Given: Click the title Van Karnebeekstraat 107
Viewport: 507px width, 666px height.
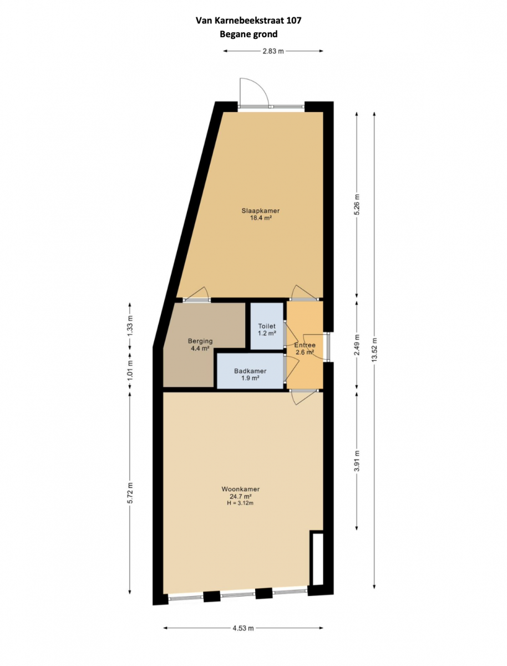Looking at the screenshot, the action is (x=249, y=21).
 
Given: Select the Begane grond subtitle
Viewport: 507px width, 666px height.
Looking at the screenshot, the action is (x=249, y=34).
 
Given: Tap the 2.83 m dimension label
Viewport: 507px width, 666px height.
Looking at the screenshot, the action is (x=273, y=51).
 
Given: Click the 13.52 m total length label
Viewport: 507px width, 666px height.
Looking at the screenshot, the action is (x=374, y=349).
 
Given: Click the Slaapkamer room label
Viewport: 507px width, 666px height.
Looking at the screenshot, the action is (x=261, y=210).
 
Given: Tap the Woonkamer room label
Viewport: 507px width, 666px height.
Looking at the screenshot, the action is (x=240, y=489).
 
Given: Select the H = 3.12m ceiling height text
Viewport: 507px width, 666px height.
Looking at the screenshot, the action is (x=240, y=503).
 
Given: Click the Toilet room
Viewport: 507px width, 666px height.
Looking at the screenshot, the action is (x=267, y=326).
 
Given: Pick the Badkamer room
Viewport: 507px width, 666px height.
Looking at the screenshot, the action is (x=250, y=371).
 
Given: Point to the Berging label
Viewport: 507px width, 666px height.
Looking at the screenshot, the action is (x=200, y=341).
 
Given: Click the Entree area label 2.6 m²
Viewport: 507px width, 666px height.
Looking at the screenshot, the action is (x=305, y=352).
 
